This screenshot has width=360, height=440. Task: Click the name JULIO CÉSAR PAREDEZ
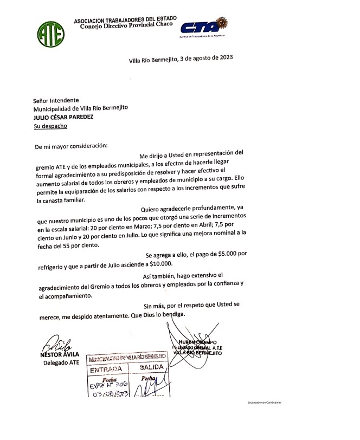point(63,117)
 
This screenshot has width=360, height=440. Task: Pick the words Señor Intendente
point(56,100)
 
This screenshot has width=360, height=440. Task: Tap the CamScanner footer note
point(264,403)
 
